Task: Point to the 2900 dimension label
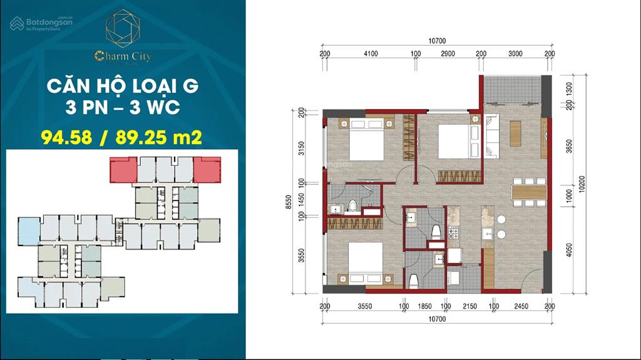click(x=448, y=54)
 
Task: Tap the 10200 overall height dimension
click(x=582, y=185)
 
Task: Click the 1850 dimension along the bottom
click(x=424, y=306)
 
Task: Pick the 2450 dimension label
click(x=521, y=306)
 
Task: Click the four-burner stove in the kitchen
click(x=453, y=234)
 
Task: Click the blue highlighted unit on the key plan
click(x=28, y=230)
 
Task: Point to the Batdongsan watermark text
click(x=49, y=22)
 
